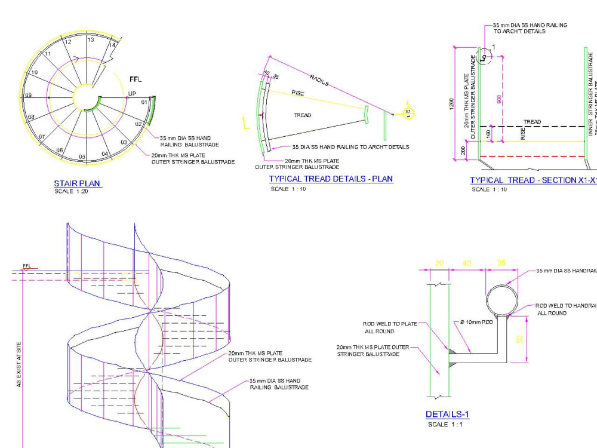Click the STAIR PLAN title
(78, 183)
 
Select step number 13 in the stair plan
(91, 39)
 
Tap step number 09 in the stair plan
(28, 96)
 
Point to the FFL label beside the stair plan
(136, 79)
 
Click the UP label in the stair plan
(132, 94)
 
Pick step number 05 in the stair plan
(82, 157)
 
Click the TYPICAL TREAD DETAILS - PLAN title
(331, 179)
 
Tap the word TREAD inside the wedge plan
(303, 115)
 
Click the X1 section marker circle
(408, 112)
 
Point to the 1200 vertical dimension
(453, 104)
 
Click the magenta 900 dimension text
(499, 99)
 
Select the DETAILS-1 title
(447, 414)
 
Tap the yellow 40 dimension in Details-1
(466, 263)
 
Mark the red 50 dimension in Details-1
(519, 339)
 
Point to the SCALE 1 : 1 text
(445, 425)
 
